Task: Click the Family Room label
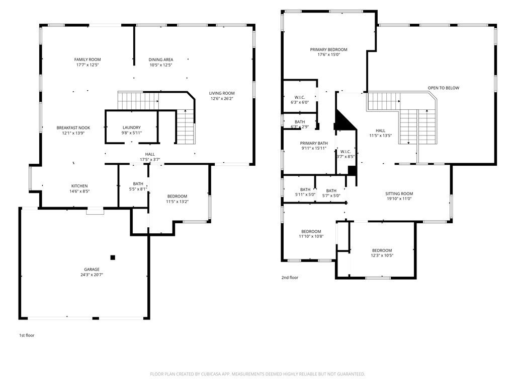(88, 59)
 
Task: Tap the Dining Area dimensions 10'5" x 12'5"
(161, 65)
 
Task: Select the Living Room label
(222, 93)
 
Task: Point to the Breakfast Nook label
(73, 128)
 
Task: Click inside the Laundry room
(131, 130)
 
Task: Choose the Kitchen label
(79, 186)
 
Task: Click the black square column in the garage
(113, 257)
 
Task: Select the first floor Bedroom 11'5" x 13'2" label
(177, 196)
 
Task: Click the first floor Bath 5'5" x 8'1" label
(138, 184)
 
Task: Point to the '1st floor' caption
(27, 335)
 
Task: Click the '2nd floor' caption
(290, 278)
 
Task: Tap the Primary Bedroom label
(328, 49)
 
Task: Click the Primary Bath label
(313, 143)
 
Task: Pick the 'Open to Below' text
(443, 88)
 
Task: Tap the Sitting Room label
(399, 193)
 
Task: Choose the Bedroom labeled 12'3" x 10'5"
(382, 250)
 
